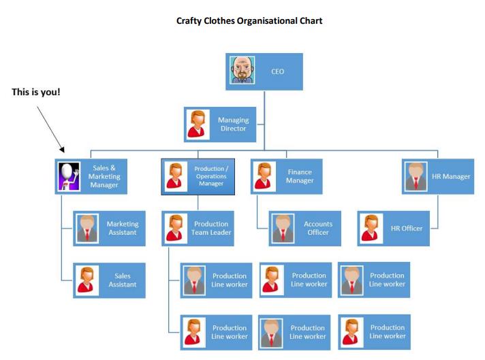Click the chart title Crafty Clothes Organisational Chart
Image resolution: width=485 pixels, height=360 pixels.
pyautogui.click(x=249, y=20)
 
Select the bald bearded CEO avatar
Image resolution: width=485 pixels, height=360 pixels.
pyautogui.click(x=242, y=71)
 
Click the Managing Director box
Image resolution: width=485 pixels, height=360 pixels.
pyautogui.click(x=221, y=124)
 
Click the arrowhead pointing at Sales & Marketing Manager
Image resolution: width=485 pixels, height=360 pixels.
pyautogui.click(x=62, y=150)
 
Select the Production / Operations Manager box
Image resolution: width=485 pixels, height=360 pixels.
pyautogui.click(x=198, y=176)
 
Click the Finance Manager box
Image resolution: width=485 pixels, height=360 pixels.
pyautogui.click(x=286, y=176)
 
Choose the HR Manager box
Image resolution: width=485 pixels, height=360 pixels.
pyautogui.click(x=438, y=176)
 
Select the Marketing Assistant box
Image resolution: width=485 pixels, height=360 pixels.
pyautogui.click(x=109, y=228)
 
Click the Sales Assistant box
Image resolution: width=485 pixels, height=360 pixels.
pyautogui.click(x=109, y=280)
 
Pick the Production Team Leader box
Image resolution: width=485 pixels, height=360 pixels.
pyautogui.click(x=198, y=228)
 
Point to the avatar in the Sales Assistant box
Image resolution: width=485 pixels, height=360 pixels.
pyautogui.click(x=87, y=280)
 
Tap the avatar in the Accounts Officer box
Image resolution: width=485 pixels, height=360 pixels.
pyautogui.click(x=283, y=228)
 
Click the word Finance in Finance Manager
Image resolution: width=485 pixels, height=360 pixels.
pyautogui.click(x=300, y=172)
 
